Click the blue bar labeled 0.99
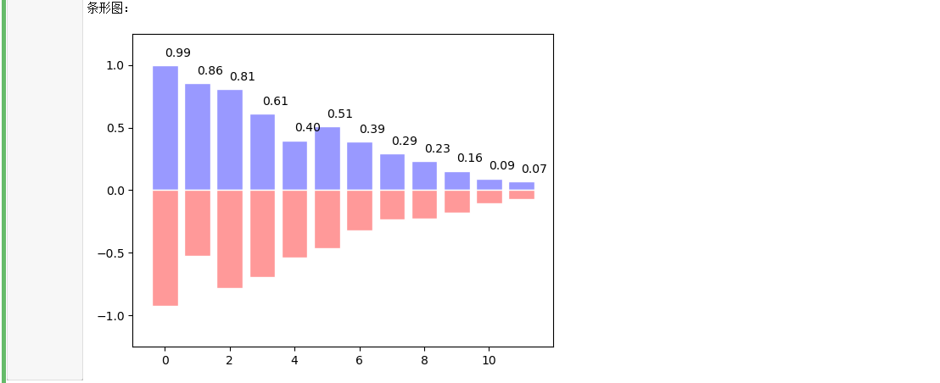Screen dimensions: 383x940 click(165, 128)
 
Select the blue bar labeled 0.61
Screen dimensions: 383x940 click(262, 153)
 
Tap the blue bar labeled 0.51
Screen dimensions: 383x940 click(327, 158)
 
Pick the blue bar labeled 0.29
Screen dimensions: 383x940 click(392, 172)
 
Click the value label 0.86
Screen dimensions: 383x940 click(210, 71)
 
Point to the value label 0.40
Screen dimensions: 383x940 click(307, 128)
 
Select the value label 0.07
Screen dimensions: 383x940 click(534, 169)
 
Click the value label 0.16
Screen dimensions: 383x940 click(469, 158)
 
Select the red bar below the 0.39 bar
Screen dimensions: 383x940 click(360, 210)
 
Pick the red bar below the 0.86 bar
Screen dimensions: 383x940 click(198, 223)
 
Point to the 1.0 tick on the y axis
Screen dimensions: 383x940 click(115, 66)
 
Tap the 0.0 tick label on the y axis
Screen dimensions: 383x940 click(115, 191)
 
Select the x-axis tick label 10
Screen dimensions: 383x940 click(489, 360)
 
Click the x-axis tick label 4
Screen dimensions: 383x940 click(294, 360)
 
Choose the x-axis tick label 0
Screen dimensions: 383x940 click(165, 360)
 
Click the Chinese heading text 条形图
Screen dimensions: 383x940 click(106, 8)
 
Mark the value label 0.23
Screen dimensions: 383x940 click(437, 149)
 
